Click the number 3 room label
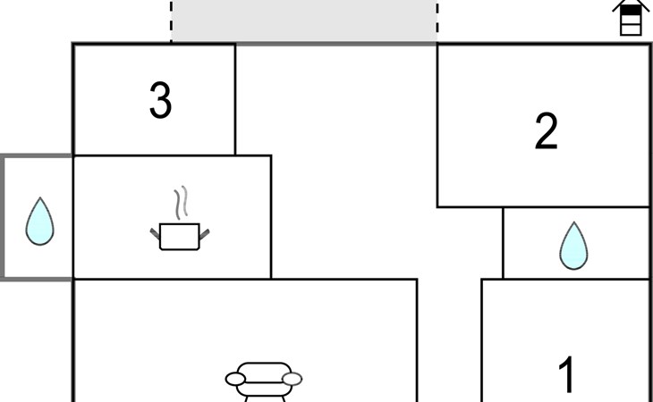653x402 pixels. tap(160, 101)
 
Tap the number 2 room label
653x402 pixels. tap(546, 131)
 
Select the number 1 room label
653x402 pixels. tap(566, 376)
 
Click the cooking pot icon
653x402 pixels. tap(180, 236)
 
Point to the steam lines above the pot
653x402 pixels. tap(182, 202)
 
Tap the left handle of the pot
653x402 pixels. tap(155, 234)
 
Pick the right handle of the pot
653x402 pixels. tap(205, 234)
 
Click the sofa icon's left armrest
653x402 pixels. tap(235, 380)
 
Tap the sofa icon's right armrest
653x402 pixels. tap(292, 380)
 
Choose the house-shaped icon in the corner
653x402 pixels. tap(632, 18)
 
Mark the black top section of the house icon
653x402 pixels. tap(632, 10)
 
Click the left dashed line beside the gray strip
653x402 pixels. tap(172, 21)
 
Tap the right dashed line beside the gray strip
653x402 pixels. tap(437, 21)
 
